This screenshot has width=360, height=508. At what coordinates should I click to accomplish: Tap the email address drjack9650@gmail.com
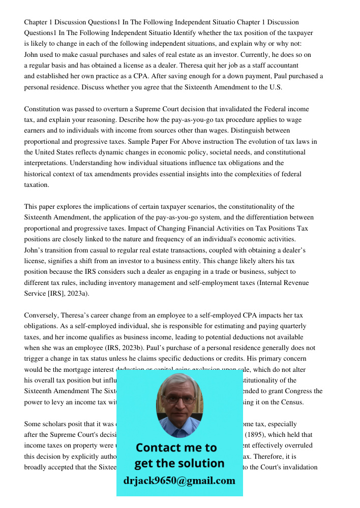(179, 481)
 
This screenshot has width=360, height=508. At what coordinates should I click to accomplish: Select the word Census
(294, 402)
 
